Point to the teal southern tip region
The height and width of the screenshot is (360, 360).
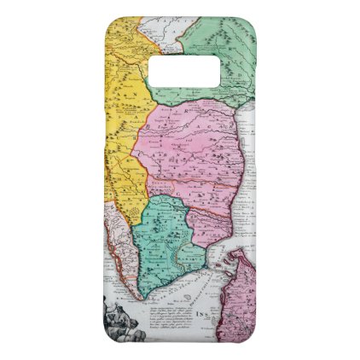[166, 247]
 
